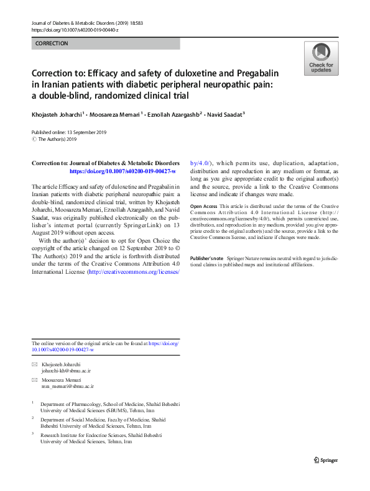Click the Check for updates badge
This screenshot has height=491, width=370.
[321, 58]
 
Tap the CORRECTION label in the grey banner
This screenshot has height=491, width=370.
[52, 43]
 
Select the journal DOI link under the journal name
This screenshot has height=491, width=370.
[75, 29]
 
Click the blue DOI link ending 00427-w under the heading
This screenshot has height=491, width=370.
[123, 171]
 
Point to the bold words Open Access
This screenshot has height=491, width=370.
[203, 206]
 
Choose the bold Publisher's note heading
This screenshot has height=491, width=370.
[207, 258]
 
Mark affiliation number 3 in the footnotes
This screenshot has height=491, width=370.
[33, 435]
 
